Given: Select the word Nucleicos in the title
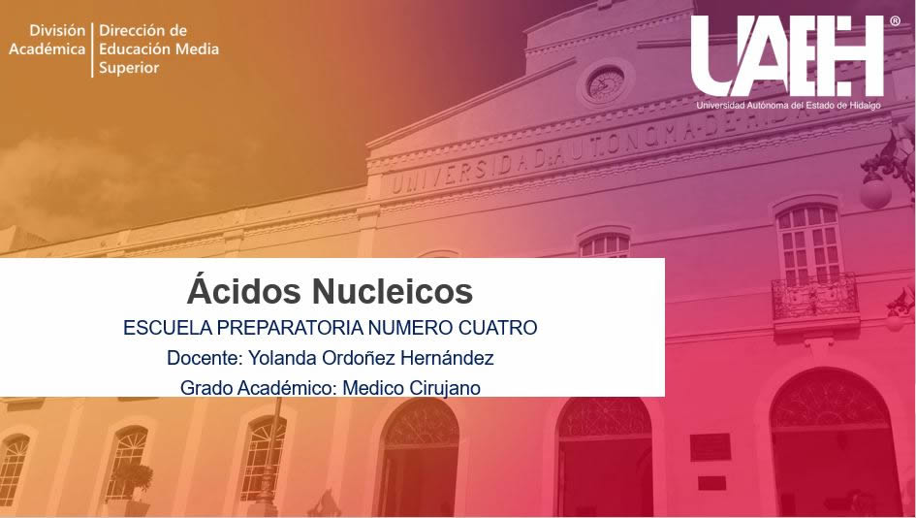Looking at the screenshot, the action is (392, 291).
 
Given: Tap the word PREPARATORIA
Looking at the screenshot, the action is (291, 328).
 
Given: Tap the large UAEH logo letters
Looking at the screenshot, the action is (787, 56).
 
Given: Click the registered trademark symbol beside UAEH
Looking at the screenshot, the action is (895, 21).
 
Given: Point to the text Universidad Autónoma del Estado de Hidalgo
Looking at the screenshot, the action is (788, 105).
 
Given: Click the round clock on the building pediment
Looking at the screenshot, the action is (606, 83).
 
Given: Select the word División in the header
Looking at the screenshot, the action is (57, 30).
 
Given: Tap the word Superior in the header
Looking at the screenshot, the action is (129, 68).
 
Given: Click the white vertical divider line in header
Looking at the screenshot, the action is (92, 49).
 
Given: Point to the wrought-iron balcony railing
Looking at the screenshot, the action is (815, 298).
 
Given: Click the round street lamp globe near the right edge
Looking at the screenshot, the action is (875, 193).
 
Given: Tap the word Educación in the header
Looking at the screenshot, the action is (135, 49).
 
